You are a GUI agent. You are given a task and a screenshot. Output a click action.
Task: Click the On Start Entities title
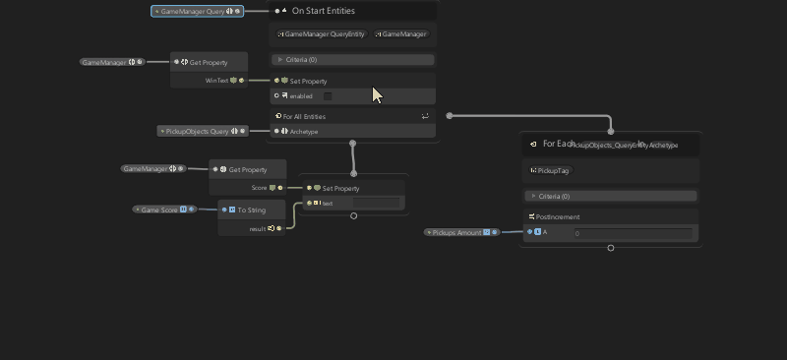tap(324, 11)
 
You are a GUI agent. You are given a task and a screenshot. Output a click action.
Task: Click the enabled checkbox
tap(328, 96)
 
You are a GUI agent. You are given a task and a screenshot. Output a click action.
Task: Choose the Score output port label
tap(260, 187)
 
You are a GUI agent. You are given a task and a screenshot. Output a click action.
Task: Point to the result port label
tap(257, 228)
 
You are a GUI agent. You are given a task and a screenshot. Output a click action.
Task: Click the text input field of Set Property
tap(376, 204)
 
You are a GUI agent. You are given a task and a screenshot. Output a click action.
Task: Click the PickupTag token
tap(554, 170)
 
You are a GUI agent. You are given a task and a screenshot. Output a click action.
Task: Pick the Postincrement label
tap(558, 216)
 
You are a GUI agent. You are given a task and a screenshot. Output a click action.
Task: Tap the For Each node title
tap(558, 144)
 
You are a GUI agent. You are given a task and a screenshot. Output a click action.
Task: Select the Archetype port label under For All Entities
tap(304, 131)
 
